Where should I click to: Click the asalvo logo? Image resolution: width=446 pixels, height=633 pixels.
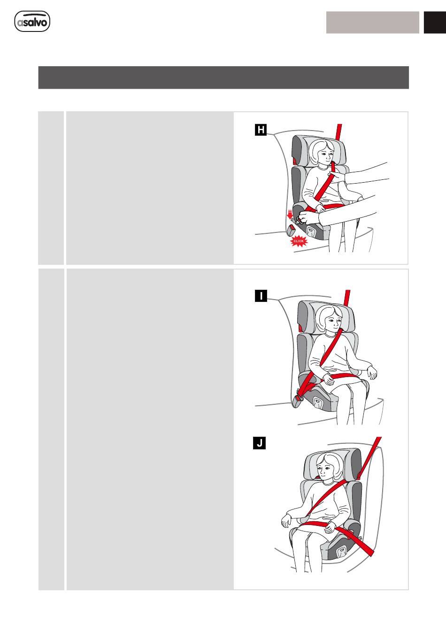32,21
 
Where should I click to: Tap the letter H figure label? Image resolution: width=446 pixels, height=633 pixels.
261,130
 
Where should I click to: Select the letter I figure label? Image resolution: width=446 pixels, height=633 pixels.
261,296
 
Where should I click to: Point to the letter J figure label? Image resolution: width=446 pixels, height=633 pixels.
259,443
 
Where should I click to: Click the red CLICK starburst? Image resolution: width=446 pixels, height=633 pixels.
299,241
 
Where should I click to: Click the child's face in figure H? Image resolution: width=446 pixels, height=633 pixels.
326,154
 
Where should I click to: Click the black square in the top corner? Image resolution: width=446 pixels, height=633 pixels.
435,23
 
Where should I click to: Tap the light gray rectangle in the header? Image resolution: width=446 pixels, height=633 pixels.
373,23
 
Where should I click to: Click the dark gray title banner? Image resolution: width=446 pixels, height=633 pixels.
223,77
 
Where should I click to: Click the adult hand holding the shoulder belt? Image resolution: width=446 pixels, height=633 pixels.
337,177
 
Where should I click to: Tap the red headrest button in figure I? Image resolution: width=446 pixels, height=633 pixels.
300,328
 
